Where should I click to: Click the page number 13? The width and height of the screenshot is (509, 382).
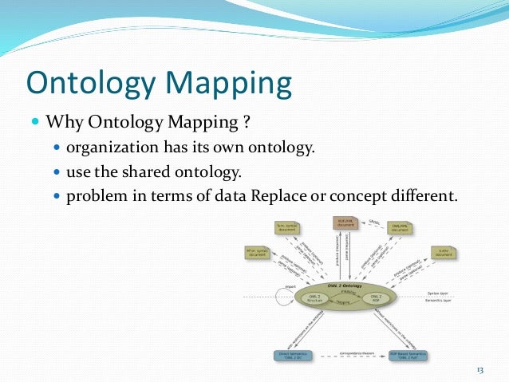(480, 368)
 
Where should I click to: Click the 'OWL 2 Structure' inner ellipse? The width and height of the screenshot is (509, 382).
(316, 298)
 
